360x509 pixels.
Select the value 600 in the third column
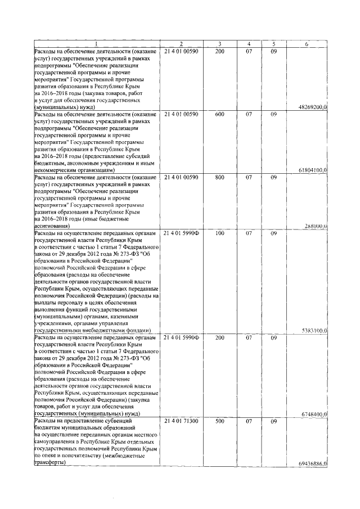click(x=219, y=114)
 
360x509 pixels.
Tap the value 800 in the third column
click(x=219, y=177)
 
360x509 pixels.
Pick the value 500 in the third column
click(x=219, y=421)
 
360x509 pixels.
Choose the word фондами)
click(x=135, y=331)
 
